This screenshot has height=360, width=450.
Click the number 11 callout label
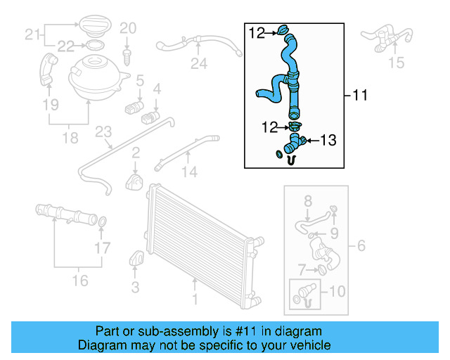click(359, 95)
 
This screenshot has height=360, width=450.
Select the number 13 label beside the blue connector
click(328, 141)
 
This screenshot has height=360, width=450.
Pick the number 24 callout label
click(199, 65)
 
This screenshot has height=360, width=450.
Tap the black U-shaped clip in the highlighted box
click(290, 160)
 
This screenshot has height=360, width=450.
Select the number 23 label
click(103, 131)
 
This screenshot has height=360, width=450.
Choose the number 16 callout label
click(81, 281)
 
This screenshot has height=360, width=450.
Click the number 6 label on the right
click(361, 245)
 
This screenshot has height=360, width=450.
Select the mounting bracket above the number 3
click(136, 259)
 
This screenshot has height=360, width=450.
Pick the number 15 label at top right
click(397, 63)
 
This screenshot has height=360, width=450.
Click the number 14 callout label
click(189, 171)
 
